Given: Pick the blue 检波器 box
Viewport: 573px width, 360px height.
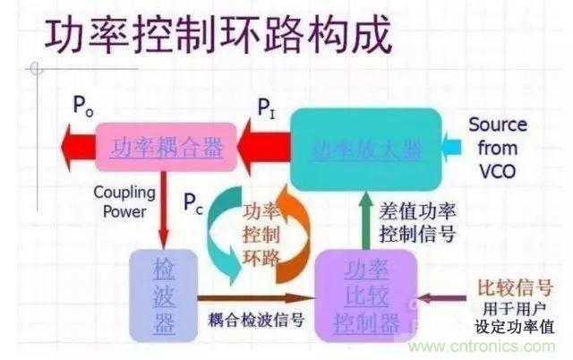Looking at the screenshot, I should coord(163,292).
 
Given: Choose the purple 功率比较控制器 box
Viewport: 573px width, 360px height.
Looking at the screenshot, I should coord(365,292).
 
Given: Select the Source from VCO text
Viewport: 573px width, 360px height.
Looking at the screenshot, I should coord(497,146).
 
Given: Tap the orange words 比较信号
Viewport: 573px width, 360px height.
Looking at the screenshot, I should coord(515,287).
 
